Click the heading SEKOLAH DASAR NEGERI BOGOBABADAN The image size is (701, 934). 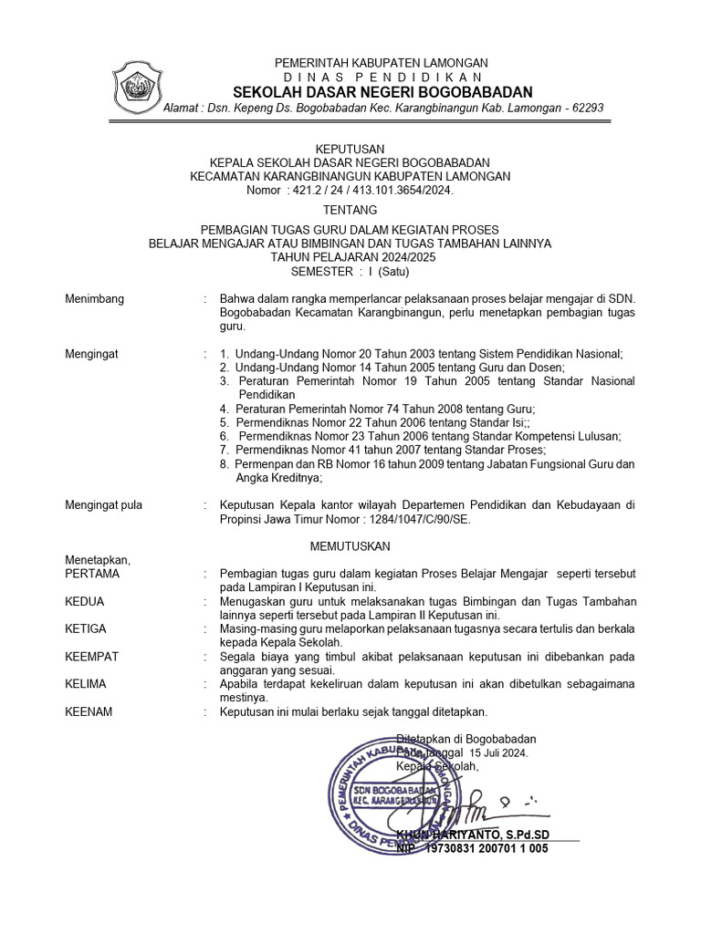[382, 92]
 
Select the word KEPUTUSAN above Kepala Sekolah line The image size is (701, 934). [350, 149]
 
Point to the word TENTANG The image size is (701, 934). [350, 210]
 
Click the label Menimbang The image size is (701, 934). [95, 299]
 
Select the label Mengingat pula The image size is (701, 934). [104, 504]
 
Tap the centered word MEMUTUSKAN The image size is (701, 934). [350, 545]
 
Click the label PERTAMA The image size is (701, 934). [92, 574]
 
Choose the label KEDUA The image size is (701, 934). [85, 602]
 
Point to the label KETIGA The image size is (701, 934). [86, 629]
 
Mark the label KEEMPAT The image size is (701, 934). [92, 657]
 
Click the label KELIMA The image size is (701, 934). [86, 684]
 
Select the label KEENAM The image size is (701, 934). [89, 711]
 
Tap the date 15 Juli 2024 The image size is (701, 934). [498, 752]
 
